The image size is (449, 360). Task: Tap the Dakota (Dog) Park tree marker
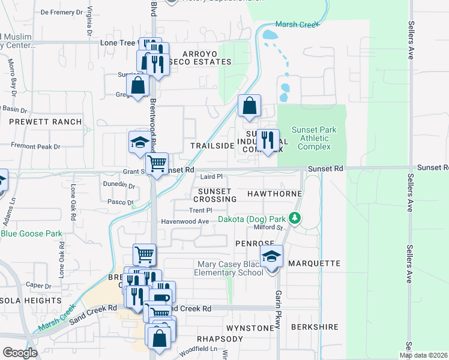pos(294,218)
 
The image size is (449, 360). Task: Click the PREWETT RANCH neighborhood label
pos(45,122)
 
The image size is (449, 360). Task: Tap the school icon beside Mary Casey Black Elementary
pos(272,256)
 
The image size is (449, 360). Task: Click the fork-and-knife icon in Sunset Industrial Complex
pos(268,140)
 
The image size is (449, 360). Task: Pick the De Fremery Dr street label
pos(61,12)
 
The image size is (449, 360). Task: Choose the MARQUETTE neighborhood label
pos(314,263)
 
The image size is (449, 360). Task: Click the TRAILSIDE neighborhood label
pos(212,146)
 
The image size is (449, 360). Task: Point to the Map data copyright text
pos(423,355)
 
